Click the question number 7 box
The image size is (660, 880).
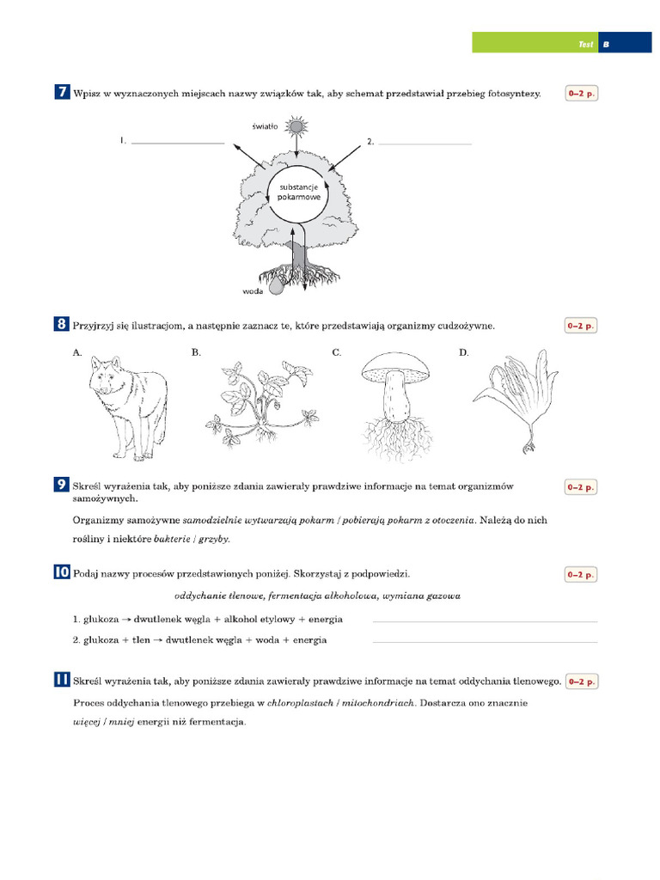(x=62, y=94)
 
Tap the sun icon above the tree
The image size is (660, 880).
(x=296, y=127)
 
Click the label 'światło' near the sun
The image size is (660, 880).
(x=265, y=125)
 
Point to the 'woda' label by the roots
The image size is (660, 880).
(x=252, y=291)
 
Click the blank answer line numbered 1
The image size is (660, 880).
(x=177, y=142)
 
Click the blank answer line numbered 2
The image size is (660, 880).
(x=425, y=143)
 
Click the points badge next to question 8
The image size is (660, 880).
(x=580, y=326)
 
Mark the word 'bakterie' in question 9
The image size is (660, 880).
(x=172, y=539)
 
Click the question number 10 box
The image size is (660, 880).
(x=62, y=572)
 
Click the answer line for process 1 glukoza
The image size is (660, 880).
(x=485, y=620)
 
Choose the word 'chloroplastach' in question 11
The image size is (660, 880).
(x=300, y=702)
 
